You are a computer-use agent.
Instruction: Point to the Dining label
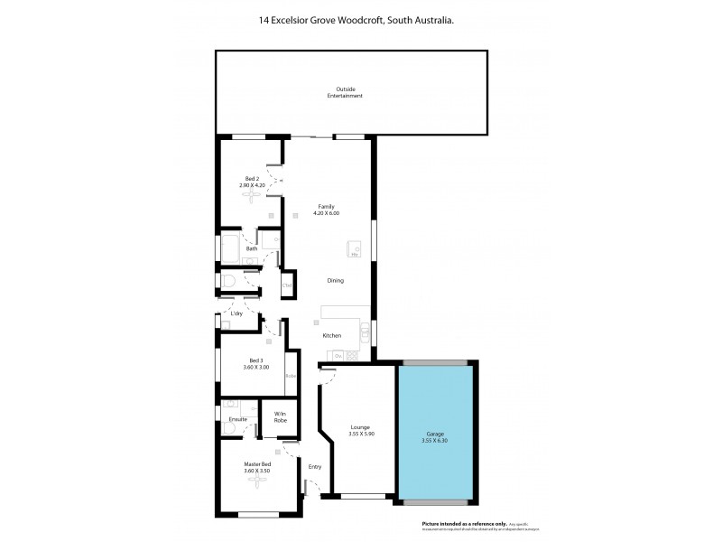335,281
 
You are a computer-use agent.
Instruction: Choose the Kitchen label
332,336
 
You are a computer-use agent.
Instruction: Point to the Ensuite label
238,419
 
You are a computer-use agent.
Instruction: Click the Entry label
315,466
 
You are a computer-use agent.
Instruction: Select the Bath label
239,248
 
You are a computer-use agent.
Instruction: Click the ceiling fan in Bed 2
248,196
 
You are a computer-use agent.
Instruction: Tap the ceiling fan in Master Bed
258,482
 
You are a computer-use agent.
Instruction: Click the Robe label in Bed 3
291,376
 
